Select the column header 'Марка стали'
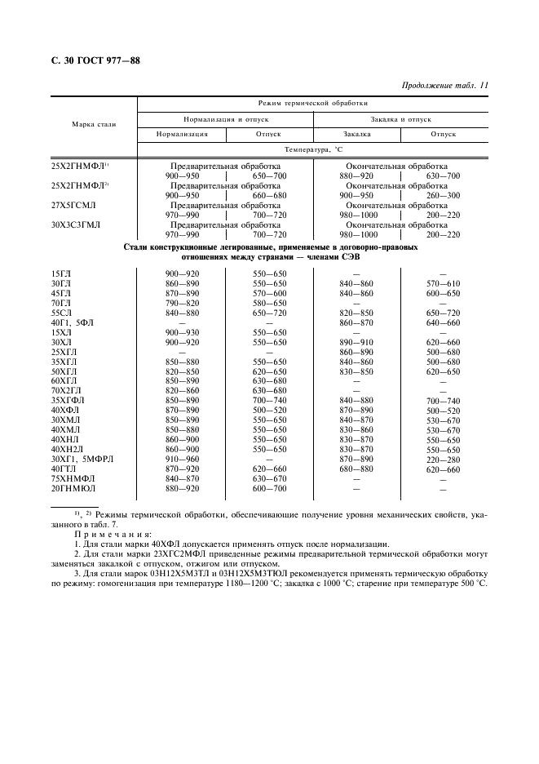pyautogui.click(x=94, y=125)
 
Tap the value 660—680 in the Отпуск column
pyautogui.click(x=269, y=196)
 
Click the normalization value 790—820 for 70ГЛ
pyautogui.click(x=182, y=303)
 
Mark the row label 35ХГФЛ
pyautogui.click(x=68, y=401)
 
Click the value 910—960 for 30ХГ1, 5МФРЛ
pyautogui.click(x=182, y=460)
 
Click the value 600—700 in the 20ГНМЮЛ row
pyautogui.click(x=269, y=489)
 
